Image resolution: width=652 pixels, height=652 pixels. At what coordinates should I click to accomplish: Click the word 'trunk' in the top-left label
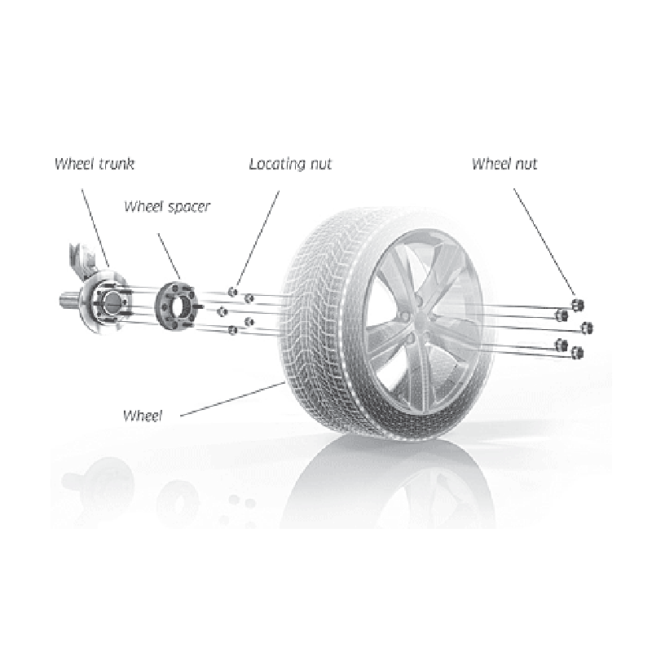tap(116, 163)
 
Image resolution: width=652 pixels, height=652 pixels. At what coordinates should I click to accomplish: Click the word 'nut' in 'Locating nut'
tap(319, 164)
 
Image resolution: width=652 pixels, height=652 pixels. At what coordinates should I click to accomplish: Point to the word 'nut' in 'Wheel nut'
tap(525, 164)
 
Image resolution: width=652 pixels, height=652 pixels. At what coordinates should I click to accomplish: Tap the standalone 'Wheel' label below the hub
tap(143, 415)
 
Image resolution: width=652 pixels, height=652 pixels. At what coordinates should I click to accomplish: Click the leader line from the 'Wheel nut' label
tap(544, 236)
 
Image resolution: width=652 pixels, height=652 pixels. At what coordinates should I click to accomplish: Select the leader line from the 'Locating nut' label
tap(259, 236)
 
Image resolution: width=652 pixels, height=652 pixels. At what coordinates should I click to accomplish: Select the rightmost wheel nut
tap(587, 328)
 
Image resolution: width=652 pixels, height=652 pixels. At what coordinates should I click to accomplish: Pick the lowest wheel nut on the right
tap(579, 352)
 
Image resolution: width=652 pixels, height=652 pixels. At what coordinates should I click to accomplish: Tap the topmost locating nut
tap(234, 291)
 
